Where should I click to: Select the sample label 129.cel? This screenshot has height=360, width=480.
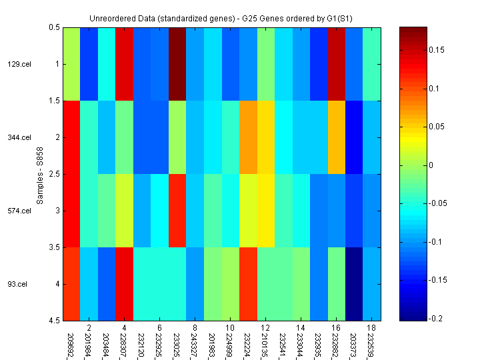(x=19, y=64)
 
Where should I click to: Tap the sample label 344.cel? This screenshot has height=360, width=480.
(x=19, y=137)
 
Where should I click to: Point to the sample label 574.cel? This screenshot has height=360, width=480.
(x=19, y=211)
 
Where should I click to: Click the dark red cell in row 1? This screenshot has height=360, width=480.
(x=177, y=64)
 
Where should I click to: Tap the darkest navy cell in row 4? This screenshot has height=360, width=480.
(x=355, y=284)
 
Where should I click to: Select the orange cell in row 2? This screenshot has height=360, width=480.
(x=248, y=137)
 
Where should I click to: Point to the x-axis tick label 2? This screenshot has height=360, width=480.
(x=88, y=328)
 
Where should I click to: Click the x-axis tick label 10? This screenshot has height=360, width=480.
(x=230, y=328)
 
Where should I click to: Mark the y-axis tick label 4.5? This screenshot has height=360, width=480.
(x=54, y=321)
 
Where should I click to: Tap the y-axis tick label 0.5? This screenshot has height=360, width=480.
(x=54, y=27)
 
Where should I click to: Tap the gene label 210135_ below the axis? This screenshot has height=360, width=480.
(x=265, y=345)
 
